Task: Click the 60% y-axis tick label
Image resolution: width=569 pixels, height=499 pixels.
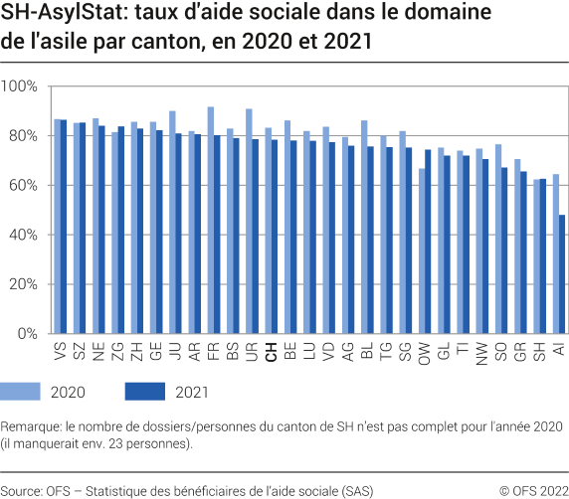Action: [22, 185]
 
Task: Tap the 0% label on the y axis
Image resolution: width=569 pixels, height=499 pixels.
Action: [27, 333]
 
